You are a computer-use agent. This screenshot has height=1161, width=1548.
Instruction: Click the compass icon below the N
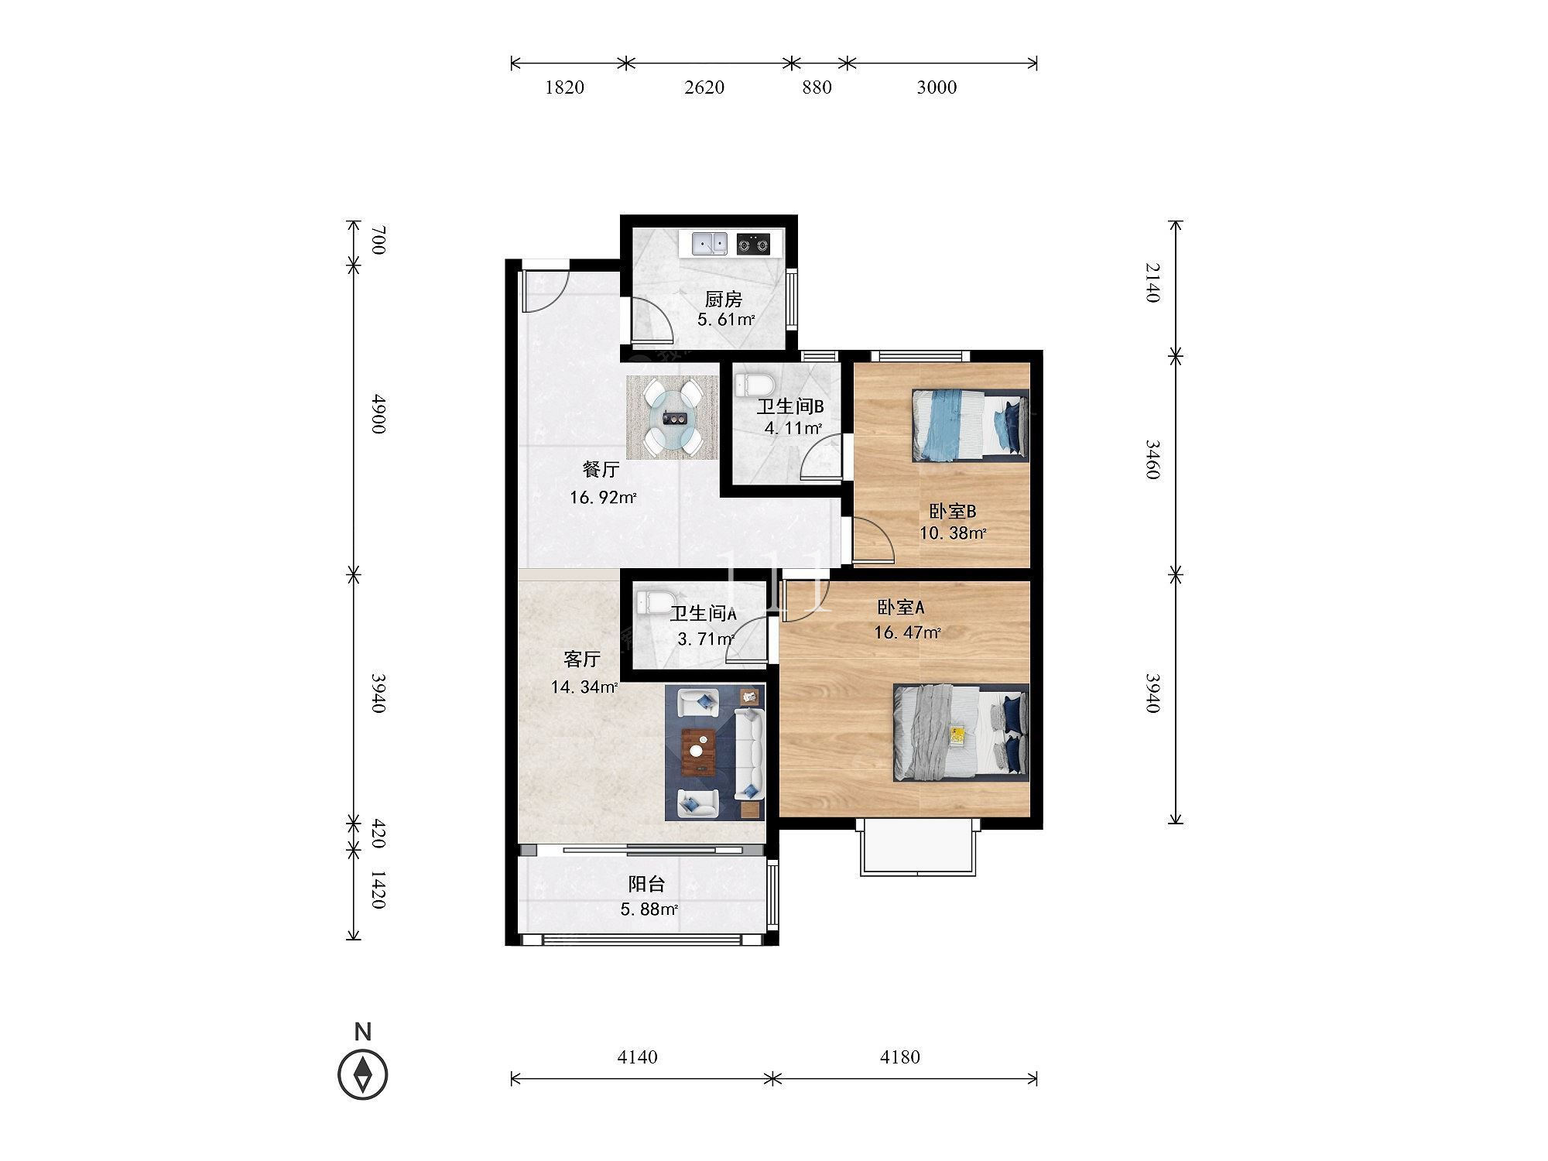[363, 1074]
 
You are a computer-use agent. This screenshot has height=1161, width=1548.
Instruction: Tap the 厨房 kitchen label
[723, 299]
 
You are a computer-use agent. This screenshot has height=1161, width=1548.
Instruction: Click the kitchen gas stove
[754, 244]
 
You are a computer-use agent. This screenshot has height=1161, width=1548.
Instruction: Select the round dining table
[672, 418]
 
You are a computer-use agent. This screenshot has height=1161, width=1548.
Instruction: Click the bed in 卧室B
[971, 425]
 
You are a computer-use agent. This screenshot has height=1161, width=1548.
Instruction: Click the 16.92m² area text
[603, 497]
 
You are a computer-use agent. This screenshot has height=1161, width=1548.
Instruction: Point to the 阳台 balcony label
[646, 885]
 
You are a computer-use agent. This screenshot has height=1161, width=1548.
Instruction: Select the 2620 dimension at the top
[704, 87]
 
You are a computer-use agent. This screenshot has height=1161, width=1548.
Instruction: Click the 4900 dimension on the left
[378, 413]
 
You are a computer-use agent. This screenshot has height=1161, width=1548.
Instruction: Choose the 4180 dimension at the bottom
[899, 1057]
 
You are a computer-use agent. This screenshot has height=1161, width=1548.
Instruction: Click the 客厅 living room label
[582, 659]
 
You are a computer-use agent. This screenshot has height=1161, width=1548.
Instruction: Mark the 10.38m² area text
[953, 533]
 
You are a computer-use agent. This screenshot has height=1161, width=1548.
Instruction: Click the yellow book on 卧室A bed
[958, 734]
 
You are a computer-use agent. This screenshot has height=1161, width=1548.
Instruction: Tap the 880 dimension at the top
[817, 87]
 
